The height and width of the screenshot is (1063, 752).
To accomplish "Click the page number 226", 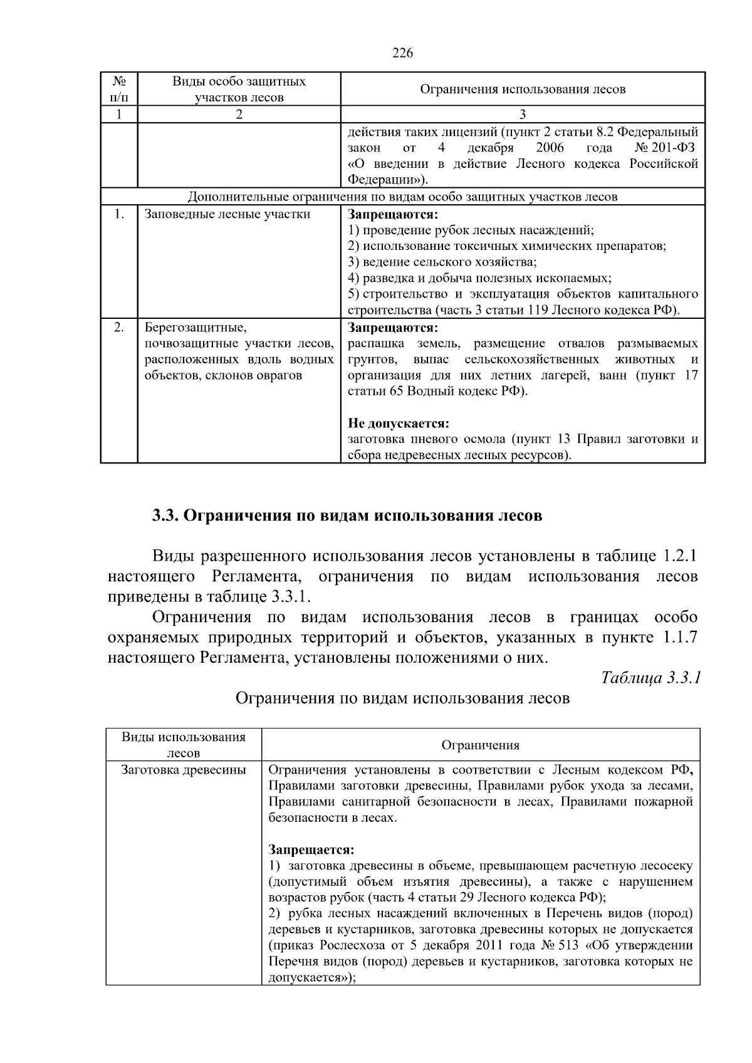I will click(402, 53).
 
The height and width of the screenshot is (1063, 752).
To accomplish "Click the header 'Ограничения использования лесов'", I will click(523, 89).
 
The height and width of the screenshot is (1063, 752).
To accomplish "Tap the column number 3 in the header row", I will click(523, 114).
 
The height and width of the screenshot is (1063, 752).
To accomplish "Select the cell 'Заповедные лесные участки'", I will click(227, 214).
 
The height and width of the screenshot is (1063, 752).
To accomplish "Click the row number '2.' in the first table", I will click(118, 328).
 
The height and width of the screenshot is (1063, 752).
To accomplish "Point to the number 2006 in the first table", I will click(550, 148).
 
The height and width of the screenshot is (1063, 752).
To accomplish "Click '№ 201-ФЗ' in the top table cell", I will click(666, 148).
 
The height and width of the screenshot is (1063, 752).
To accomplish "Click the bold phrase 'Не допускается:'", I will click(399, 423).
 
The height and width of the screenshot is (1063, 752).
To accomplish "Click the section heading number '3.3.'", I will click(166, 516).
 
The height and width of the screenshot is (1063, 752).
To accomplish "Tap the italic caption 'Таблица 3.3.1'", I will click(650, 677).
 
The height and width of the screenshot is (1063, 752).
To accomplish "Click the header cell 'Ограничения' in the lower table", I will click(480, 745).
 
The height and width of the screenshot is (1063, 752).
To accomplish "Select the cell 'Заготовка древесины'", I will click(183, 770).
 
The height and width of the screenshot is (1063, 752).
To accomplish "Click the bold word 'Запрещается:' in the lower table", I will click(311, 850).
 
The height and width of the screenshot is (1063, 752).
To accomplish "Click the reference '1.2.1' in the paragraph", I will click(679, 556).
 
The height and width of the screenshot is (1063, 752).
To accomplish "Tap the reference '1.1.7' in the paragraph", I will click(679, 638).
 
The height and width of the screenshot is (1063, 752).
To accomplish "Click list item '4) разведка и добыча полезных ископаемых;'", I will click(479, 278).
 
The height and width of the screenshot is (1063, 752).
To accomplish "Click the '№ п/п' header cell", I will click(118, 89).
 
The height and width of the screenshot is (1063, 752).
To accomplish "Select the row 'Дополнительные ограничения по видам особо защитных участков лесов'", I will click(402, 197).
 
